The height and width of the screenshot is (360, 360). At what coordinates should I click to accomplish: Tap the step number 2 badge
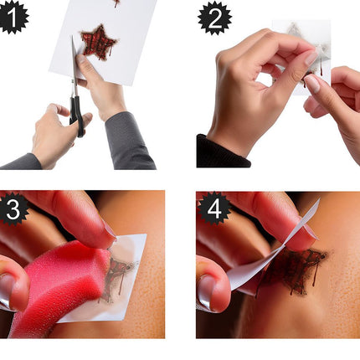pos(214,18)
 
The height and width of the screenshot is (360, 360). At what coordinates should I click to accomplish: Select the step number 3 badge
pos(13,209)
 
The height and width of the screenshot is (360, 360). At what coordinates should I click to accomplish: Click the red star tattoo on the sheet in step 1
pos(98,43)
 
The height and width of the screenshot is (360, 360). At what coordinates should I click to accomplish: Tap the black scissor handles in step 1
pos(77,115)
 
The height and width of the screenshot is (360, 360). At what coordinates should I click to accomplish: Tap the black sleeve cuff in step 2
pos(222,152)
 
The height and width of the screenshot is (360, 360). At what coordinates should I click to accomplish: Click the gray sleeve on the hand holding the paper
pos(129,141)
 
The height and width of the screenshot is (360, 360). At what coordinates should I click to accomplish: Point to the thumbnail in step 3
pos(8,291)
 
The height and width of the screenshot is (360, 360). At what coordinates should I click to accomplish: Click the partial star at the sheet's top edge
pos(116,3)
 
